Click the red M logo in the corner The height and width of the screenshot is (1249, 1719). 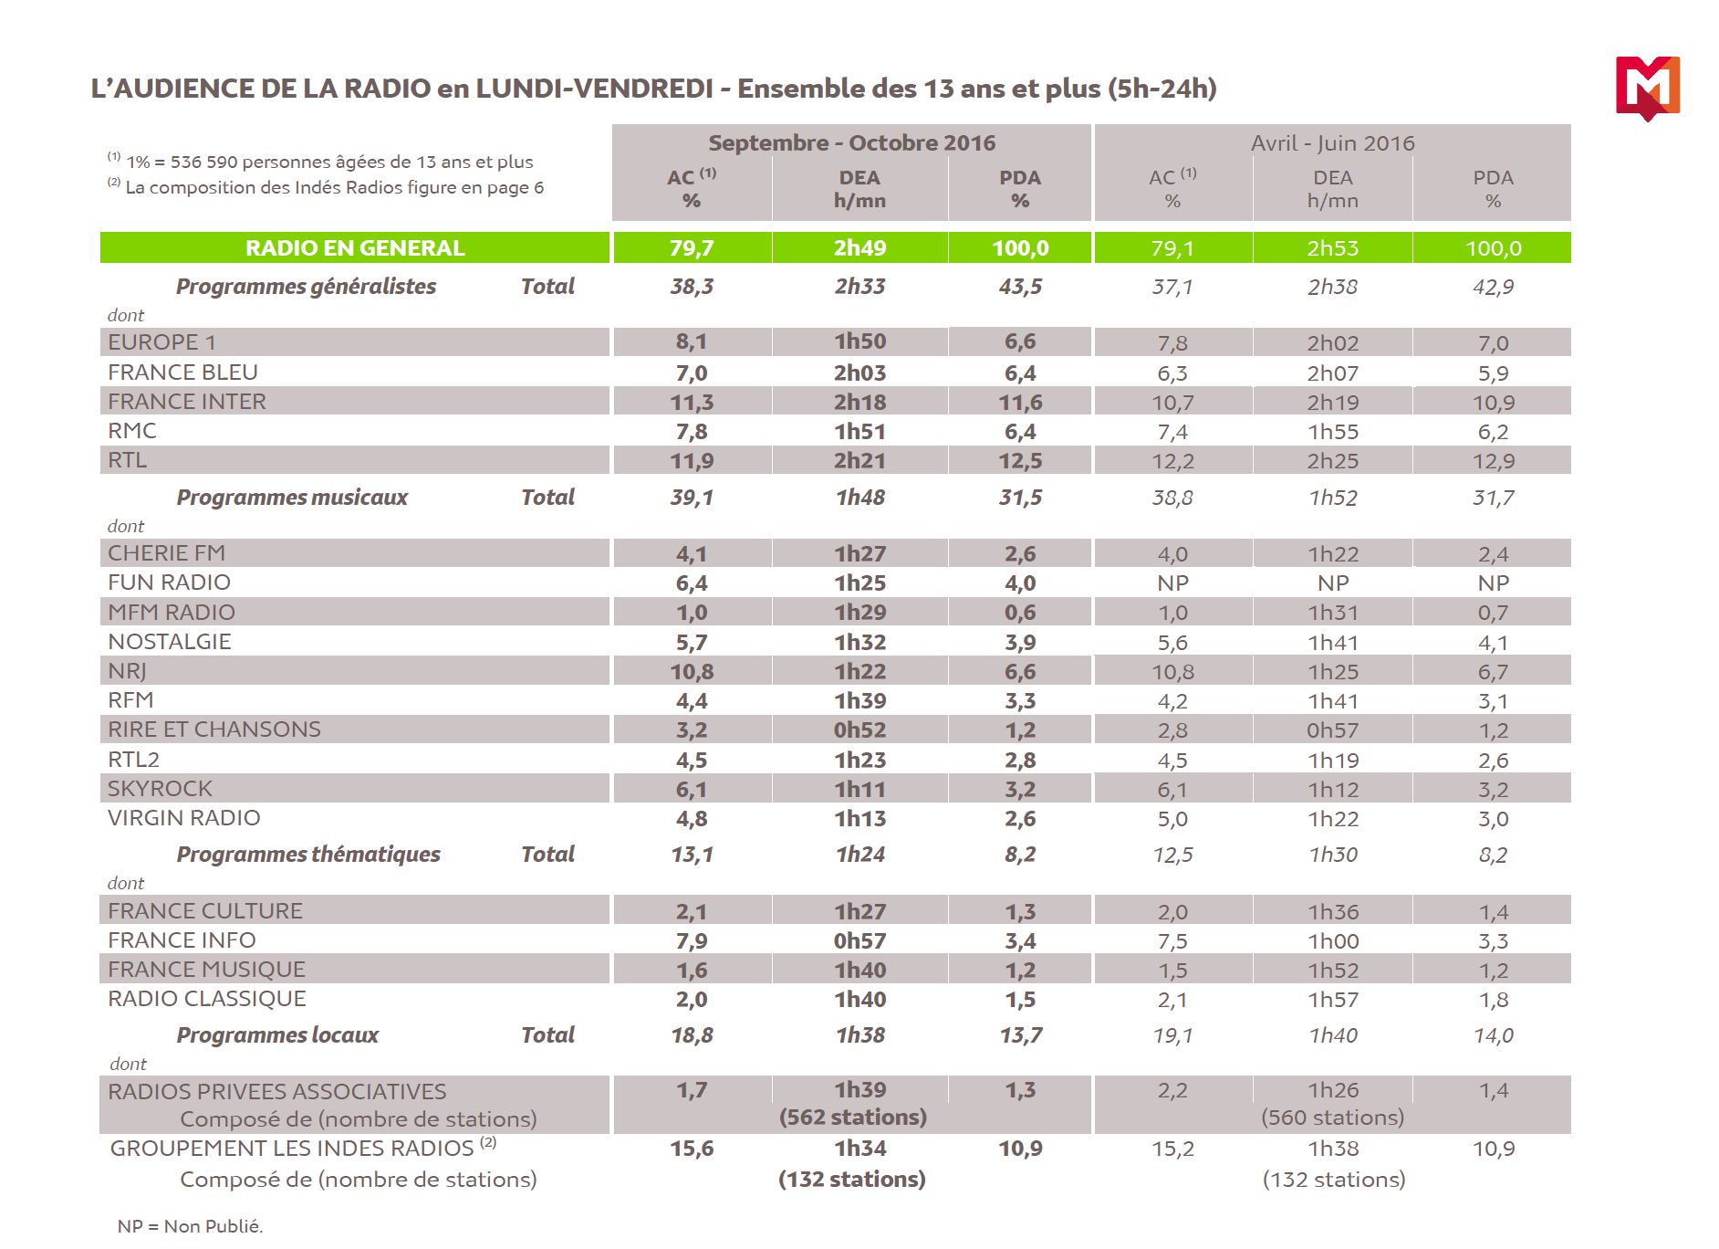point(1647,87)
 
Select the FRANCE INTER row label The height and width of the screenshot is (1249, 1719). point(187,402)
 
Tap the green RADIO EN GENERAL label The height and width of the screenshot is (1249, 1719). point(355,247)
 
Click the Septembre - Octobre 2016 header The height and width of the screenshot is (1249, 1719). point(851,142)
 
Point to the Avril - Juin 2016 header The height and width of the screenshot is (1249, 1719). point(1332,143)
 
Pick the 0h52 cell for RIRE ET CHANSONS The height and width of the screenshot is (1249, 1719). point(859,730)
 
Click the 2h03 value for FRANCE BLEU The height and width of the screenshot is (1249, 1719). point(859,373)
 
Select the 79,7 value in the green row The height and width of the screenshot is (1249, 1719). point(692,248)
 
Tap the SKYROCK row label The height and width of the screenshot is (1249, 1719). point(160,789)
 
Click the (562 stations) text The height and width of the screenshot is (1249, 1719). point(852,1118)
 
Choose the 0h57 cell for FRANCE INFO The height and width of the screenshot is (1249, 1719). point(859,941)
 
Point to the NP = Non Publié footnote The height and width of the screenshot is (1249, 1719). point(190,1226)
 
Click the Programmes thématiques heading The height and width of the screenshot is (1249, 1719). point(308,855)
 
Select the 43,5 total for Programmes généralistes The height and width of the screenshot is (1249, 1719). point(1020,287)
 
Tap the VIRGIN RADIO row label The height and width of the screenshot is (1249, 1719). point(184,818)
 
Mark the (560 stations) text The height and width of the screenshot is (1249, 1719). point(1332,1118)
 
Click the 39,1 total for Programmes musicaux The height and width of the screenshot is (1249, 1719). point(692,498)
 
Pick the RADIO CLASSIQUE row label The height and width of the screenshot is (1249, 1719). point(207,999)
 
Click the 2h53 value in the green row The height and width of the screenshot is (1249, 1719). point(1332,248)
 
